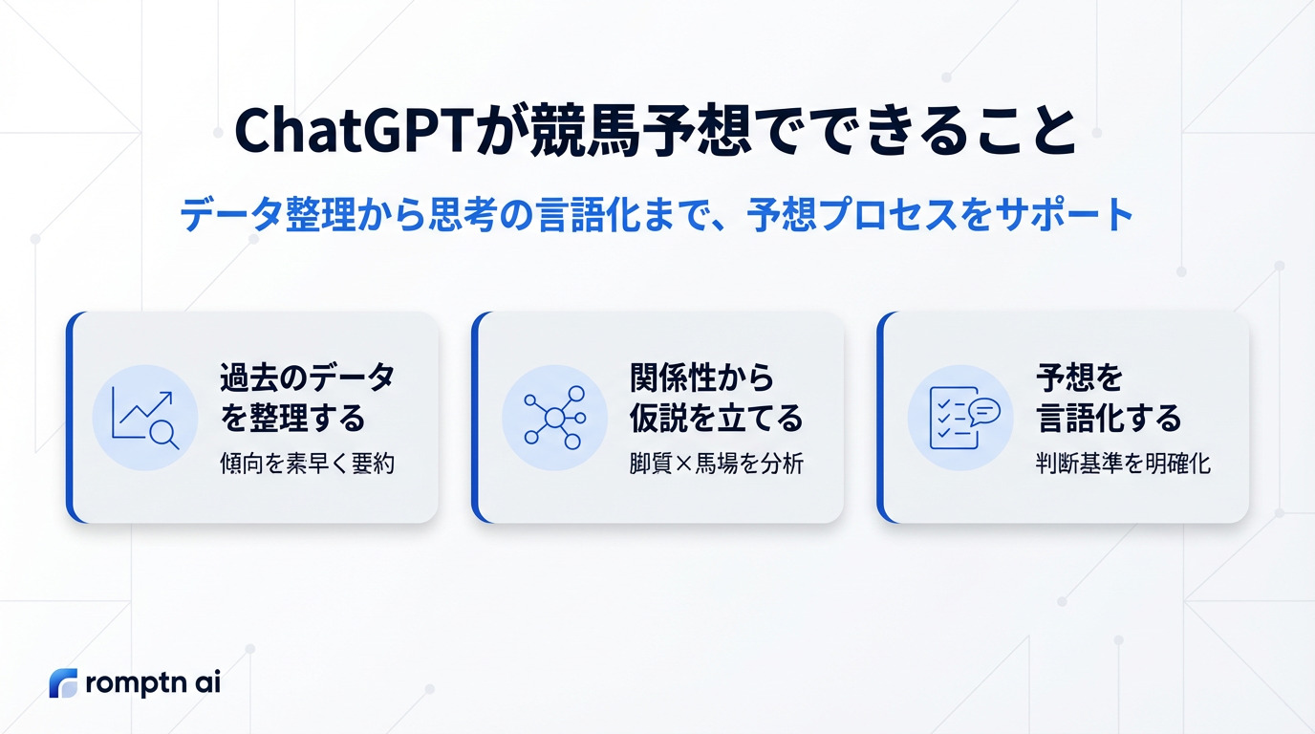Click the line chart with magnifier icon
145,418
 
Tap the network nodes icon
554,418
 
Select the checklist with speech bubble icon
964,418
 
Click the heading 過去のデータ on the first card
308,377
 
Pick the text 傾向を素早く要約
307,464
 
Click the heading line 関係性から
702,377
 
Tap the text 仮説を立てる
716,418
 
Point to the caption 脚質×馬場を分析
716,464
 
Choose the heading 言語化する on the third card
1109,418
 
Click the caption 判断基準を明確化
1123,464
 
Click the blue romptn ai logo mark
63,683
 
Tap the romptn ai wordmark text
153,684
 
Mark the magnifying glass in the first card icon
163,435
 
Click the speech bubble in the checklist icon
984,412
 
